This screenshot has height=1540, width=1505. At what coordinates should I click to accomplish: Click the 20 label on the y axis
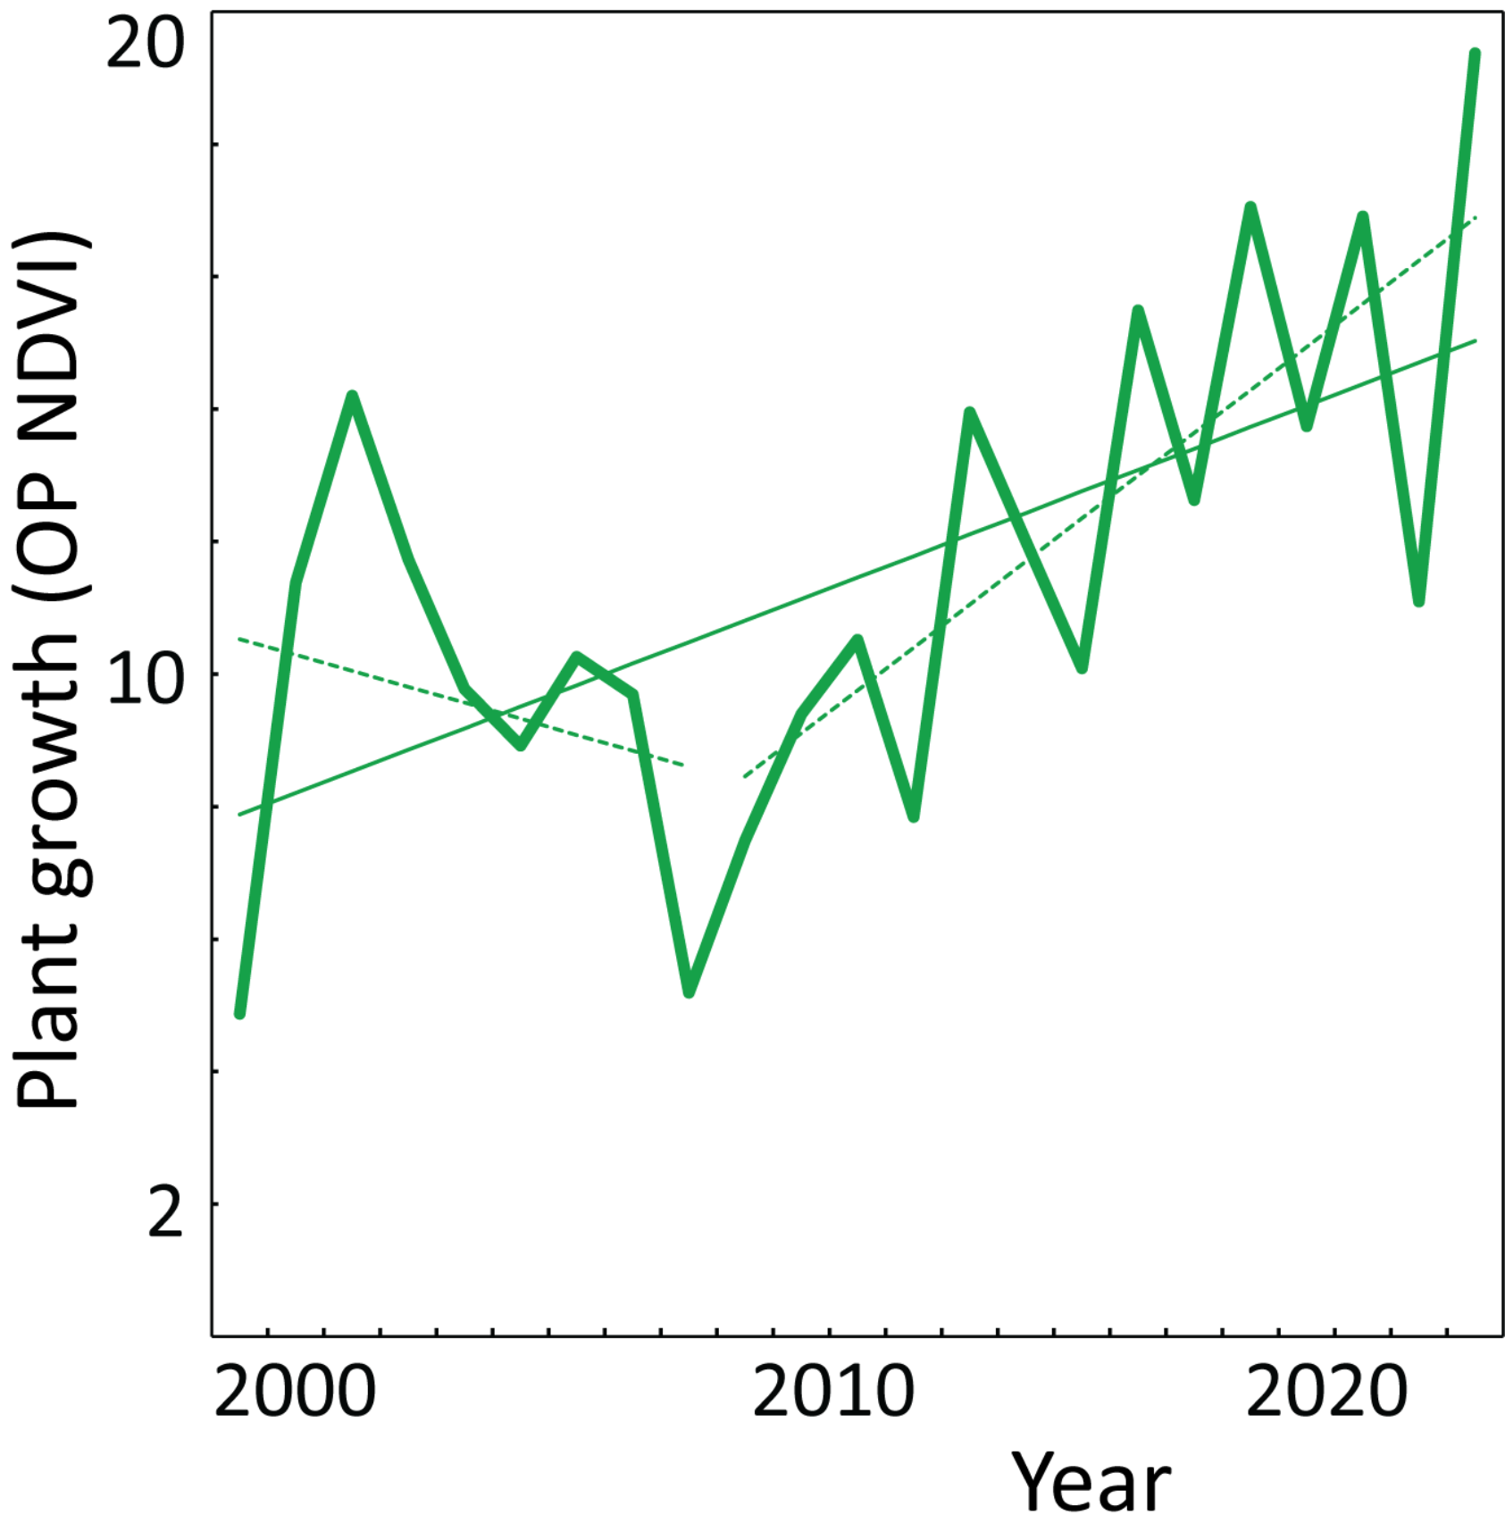point(145,46)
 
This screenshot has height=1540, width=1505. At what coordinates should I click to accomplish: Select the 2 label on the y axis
point(165,1213)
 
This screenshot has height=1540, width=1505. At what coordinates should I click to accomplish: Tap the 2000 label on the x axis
point(295,1392)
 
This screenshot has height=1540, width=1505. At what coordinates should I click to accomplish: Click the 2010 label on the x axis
point(833,1392)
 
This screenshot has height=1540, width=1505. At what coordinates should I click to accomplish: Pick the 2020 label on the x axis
point(1326,1392)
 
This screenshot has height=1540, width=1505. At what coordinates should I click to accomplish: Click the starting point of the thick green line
point(239,1013)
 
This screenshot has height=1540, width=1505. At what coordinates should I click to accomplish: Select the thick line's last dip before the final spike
point(1418,601)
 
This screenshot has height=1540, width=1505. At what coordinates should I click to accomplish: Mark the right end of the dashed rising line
point(1476,217)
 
